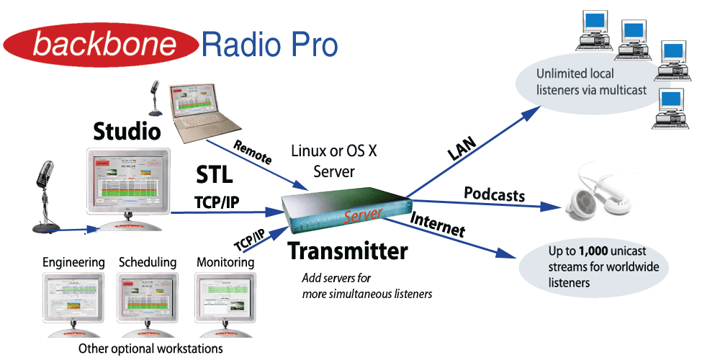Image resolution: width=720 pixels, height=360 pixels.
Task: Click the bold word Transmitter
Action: (x=348, y=251)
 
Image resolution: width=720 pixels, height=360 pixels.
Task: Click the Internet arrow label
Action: (x=437, y=224)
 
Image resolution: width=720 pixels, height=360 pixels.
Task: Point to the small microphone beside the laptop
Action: (x=153, y=97)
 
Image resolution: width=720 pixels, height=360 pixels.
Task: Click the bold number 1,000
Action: (x=596, y=252)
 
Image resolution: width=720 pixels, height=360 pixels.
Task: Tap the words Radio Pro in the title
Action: (x=269, y=45)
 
